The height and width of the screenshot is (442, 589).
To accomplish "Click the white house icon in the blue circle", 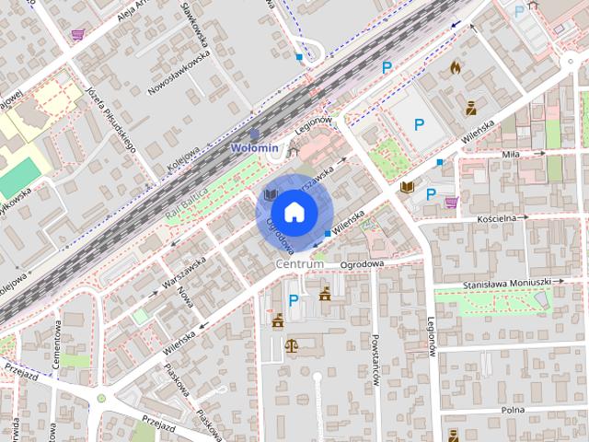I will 294,213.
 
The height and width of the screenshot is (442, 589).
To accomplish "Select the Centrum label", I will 300,264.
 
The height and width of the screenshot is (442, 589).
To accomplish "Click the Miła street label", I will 511,155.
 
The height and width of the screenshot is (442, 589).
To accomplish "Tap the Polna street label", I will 513,409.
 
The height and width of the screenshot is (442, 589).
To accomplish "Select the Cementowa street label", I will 56,344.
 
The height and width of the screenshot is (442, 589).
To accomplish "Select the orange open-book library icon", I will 407,188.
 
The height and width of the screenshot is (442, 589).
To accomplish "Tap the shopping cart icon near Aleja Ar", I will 77,35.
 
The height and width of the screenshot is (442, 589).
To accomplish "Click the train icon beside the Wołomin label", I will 254,134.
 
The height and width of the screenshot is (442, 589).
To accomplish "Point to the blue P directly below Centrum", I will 294,300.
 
